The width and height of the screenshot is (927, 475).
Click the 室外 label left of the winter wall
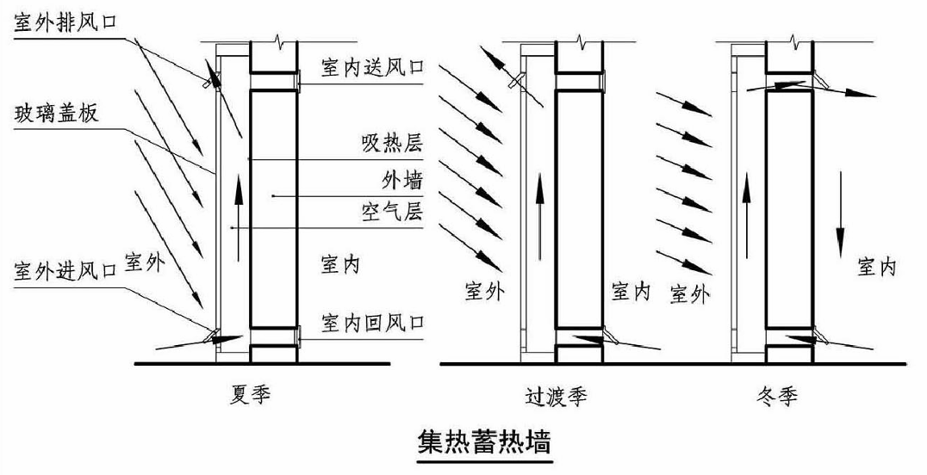688,294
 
